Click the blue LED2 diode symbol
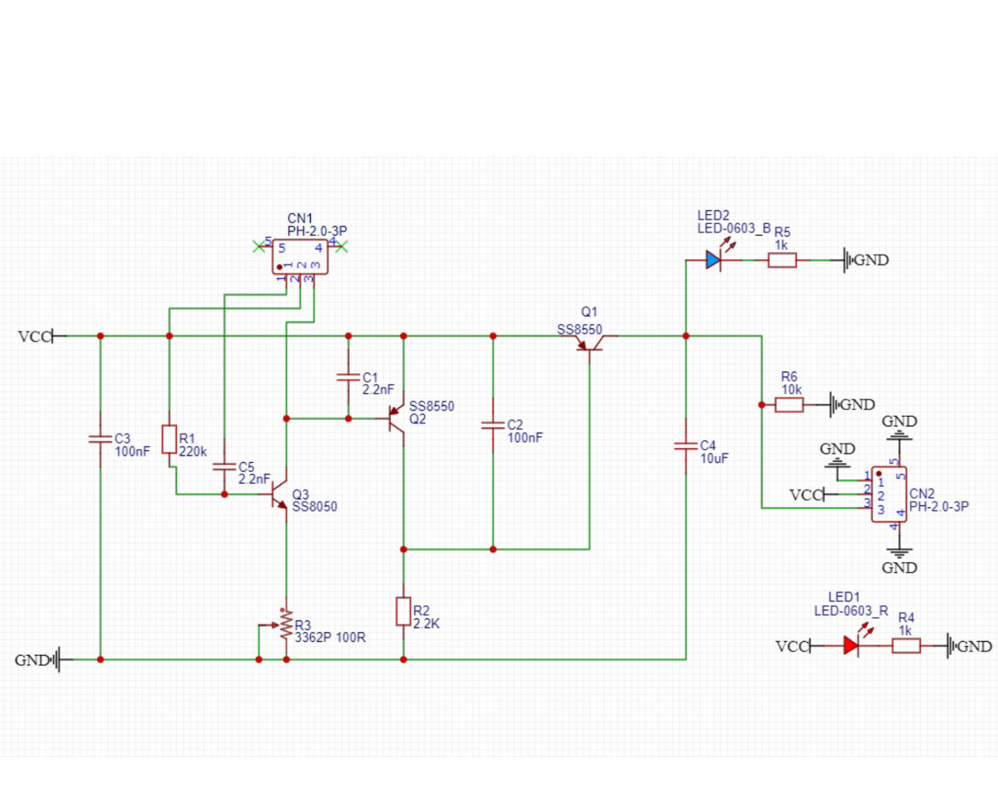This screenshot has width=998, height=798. click(713, 260)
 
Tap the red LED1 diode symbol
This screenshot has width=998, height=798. click(851, 646)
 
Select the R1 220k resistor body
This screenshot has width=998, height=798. click(170, 440)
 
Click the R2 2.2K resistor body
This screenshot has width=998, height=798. click(403, 611)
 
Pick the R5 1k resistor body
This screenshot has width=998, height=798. click(782, 260)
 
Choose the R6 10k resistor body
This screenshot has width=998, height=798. click(789, 404)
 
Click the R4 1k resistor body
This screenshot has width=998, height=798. click(906, 646)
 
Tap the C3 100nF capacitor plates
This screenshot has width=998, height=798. click(100, 439)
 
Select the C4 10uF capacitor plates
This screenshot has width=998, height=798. click(686, 446)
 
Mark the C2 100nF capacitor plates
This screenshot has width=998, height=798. click(493, 425)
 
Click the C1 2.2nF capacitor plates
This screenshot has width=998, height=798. click(348, 377)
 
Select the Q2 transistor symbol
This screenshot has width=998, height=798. click(397, 418)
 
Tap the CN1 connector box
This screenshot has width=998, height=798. click(300, 257)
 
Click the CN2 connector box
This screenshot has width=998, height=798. click(889, 494)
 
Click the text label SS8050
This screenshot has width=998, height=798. click(315, 507)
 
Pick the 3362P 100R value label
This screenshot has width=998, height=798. click(330, 637)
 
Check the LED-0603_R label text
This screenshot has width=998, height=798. click(851, 610)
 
